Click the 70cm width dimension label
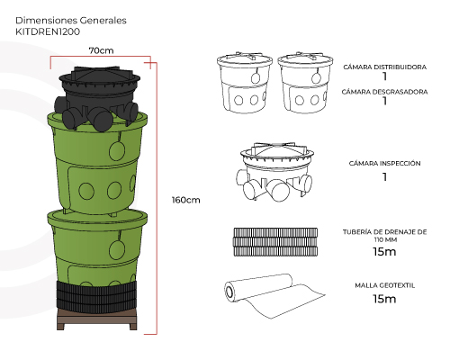pos(101,50)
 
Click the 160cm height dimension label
pos(185,200)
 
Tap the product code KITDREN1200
pos(48,31)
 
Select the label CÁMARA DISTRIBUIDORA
pos(385,67)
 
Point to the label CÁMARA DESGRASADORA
pos(384,92)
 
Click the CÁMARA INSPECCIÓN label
pos(384,163)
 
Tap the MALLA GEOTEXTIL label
pos(385,285)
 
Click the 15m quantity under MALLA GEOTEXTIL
pos(384,299)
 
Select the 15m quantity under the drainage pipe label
pos(384,252)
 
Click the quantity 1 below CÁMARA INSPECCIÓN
pos(384,177)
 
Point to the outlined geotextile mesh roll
pos(274,295)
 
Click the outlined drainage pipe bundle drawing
pos(275,242)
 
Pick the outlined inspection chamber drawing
pos(274,172)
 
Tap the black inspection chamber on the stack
pos(97,97)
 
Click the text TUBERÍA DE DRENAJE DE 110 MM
pos(385,236)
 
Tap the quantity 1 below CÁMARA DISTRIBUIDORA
pos(384,76)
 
